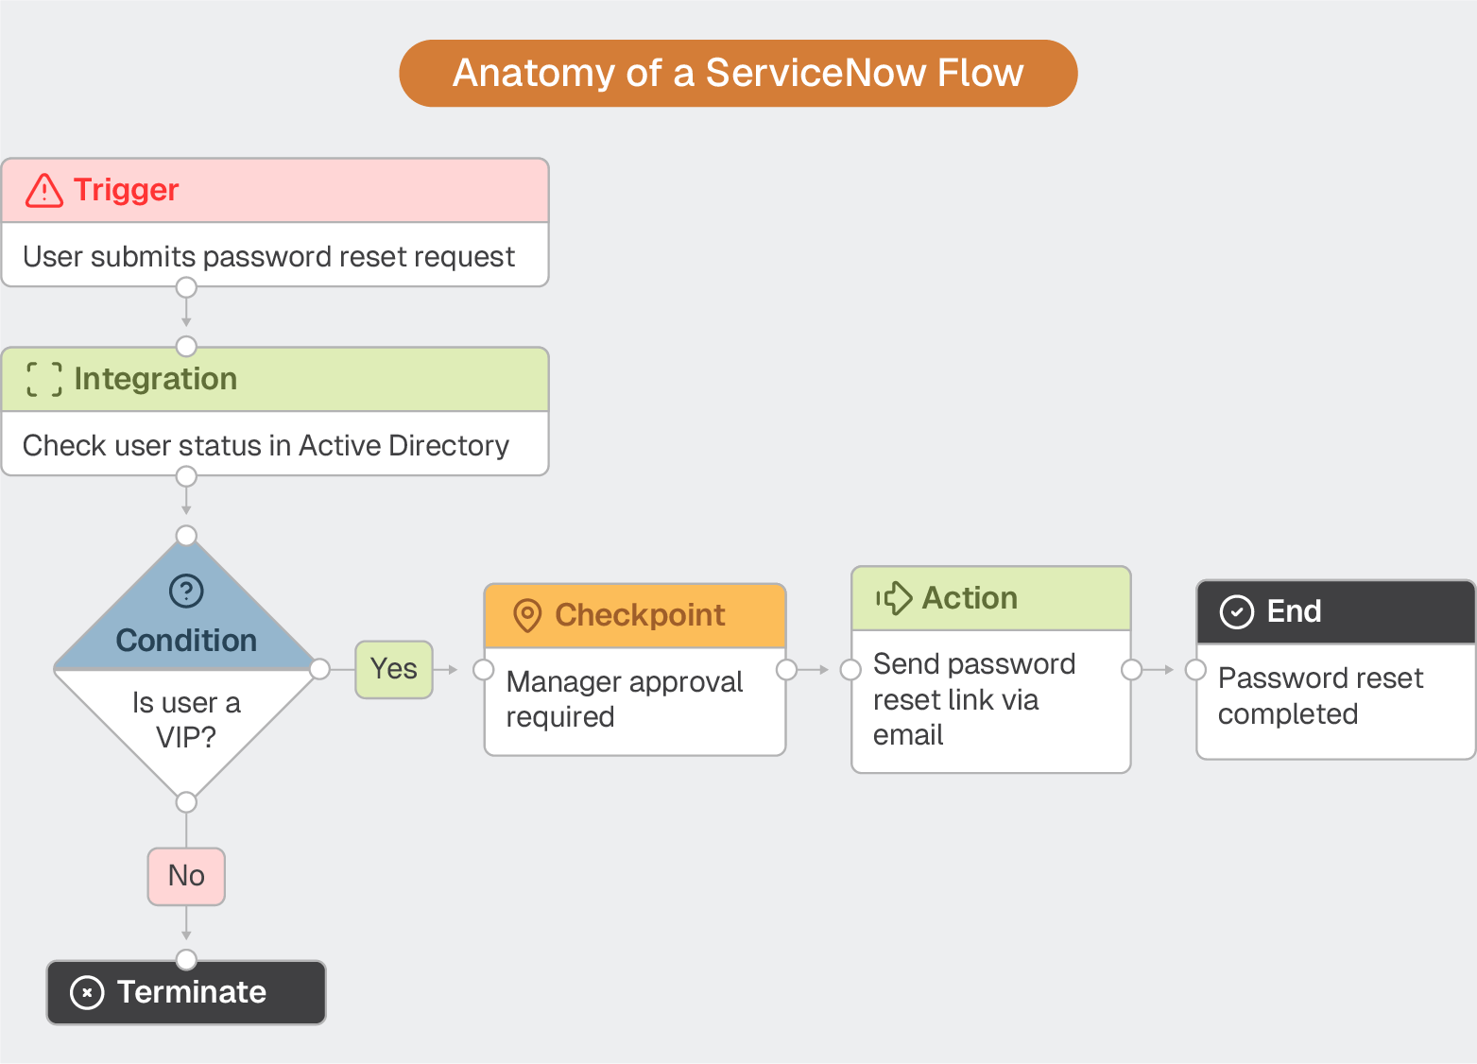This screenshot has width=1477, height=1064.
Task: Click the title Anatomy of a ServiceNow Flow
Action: tap(738, 73)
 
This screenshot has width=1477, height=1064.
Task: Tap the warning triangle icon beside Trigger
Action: tap(44, 190)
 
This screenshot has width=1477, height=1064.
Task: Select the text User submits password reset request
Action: tap(268, 256)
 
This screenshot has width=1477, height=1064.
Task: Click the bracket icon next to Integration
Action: tap(44, 379)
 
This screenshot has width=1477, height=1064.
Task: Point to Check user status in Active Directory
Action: tap(266, 445)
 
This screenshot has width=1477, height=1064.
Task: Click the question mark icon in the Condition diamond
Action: tap(186, 592)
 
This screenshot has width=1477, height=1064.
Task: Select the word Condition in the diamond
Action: tap(186, 641)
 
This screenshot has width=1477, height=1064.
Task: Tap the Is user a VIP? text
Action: tap(186, 719)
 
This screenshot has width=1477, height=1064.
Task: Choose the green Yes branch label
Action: tap(394, 669)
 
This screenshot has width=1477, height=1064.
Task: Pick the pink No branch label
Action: tap(186, 876)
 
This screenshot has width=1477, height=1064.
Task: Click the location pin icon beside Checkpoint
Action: tap(527, 615)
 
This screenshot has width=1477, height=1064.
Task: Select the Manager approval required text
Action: tap(625, 699)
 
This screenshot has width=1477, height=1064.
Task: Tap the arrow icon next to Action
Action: tap(894, 598)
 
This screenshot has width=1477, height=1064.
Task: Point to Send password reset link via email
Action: tap(973, 699)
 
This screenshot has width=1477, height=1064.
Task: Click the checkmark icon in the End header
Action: tap(1237, 612)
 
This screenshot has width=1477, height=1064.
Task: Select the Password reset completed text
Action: tap(1319, 695)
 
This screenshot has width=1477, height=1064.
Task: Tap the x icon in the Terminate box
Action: tap(87, 992)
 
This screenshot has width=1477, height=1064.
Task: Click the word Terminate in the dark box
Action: tap(192, 992)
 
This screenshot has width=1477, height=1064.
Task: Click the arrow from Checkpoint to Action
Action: tap(814, 670)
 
